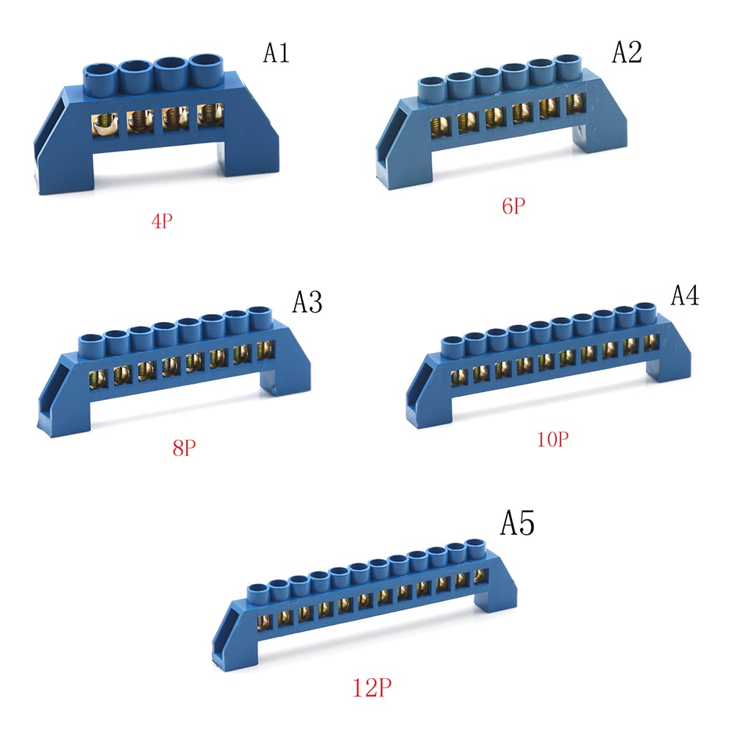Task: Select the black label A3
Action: click(307, 302)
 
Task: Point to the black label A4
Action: click(685, 294)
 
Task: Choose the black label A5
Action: click(518, 524)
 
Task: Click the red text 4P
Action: click(163, 221)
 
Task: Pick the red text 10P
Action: click(552, 440)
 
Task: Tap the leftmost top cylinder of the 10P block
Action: click(452, 343)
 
